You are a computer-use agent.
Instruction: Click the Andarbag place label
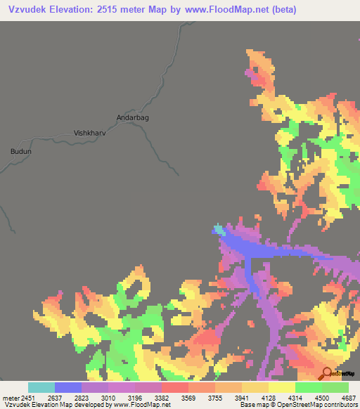point(132,118)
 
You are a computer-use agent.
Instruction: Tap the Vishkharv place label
point(89,132)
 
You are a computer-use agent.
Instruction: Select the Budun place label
point(21,151)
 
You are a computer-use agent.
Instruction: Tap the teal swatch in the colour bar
point(41,387)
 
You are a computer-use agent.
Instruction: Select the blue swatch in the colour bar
point(68,387)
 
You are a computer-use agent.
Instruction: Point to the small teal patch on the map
point(220,230)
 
